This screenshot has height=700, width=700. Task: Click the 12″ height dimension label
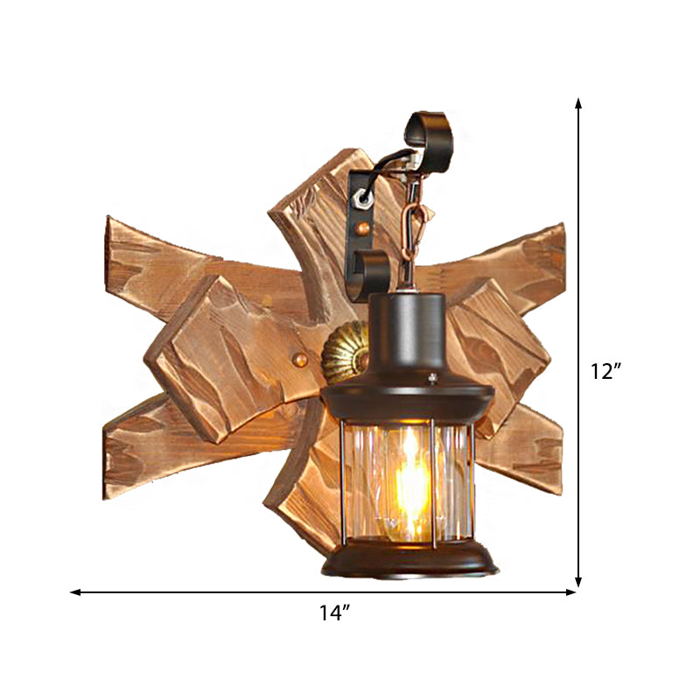(x=605, y=371)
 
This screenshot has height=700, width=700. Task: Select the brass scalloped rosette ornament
(x=342, y=357)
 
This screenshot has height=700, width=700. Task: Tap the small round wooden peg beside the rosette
(x=299, y=359)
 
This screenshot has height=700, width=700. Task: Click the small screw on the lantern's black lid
(x=434, y=378)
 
